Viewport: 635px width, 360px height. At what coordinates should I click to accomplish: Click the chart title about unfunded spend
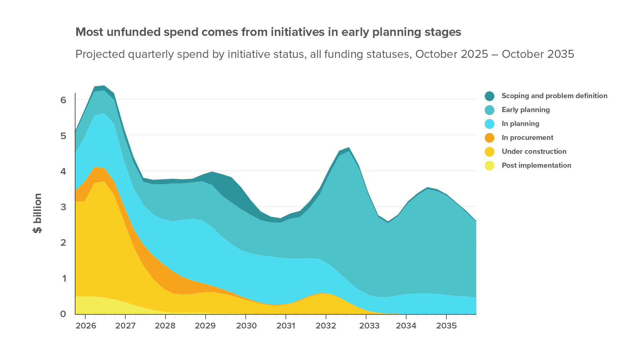click(x=268, y=32)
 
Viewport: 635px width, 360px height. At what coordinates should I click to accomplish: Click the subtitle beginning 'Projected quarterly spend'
click(x=324, y=54)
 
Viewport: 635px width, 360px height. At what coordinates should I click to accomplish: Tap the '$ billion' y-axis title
click(x=38, y=213)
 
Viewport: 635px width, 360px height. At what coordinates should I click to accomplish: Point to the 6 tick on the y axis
click(x=63, y=100)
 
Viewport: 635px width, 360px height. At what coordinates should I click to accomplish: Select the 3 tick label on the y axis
click(x=63, y=207)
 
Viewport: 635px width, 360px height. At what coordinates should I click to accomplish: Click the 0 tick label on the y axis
click(x=63, y=314)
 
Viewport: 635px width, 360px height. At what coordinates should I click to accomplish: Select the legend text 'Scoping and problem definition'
click(x=554, y=96)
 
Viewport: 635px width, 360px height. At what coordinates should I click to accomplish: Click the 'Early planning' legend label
click(x=525, y=110)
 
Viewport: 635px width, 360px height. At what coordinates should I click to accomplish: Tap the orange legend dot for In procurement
click(x=490, y=138)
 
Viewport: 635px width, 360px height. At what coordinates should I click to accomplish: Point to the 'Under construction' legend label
click(x=534, y=152)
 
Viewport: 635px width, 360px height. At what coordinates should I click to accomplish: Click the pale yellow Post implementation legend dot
click(x=490, y=166)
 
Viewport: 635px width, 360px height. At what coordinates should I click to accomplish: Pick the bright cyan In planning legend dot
click(x=490, y=124)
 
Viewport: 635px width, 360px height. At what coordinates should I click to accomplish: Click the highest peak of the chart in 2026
click(x=104, y=86)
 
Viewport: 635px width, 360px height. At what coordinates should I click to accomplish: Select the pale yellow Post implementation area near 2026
click(x=92, y=305)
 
